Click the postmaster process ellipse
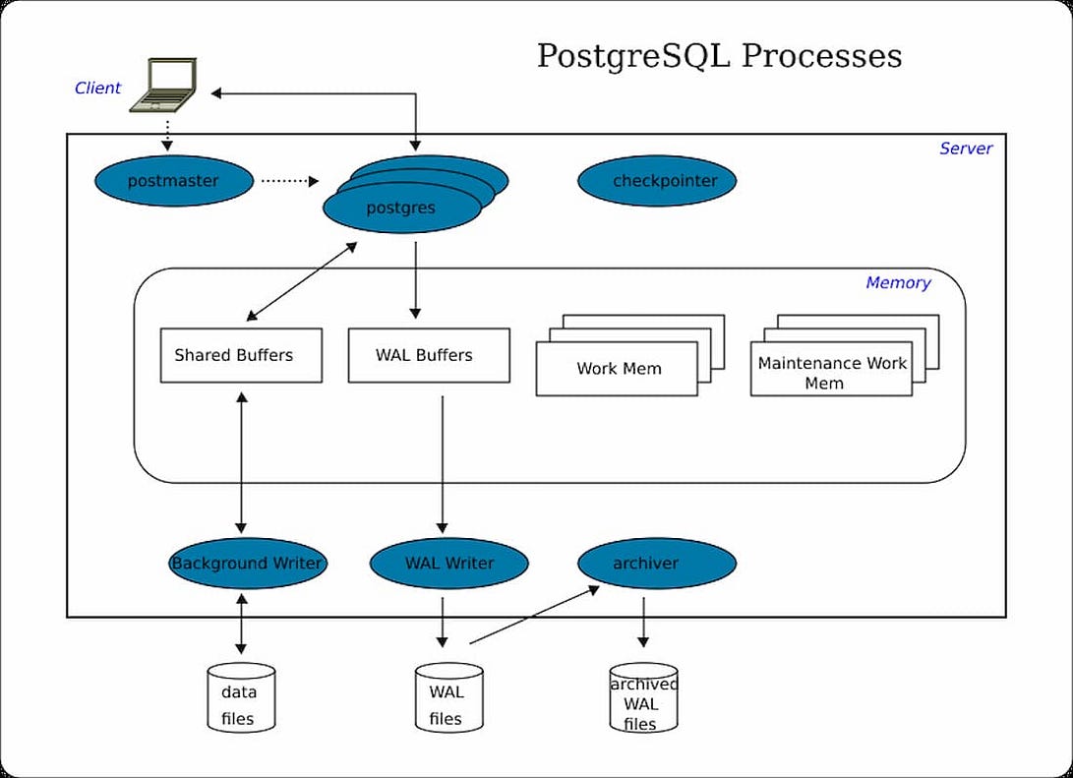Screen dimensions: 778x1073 pos(173,181)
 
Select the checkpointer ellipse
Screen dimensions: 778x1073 pos(656,181)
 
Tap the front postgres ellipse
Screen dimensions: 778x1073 pos(401,208)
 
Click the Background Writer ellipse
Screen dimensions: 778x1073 pos(247,564)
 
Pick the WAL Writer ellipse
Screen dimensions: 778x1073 pos(449,564)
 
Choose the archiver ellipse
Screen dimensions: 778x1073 pos(656,564)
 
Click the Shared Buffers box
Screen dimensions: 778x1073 pos(241,355)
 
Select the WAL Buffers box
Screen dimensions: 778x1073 pos(429,355)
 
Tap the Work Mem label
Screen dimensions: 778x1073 pos(619,369)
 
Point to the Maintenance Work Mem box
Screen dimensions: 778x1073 pos(831,370)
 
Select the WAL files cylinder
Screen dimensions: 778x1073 pos(448,698)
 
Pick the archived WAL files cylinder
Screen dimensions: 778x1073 pos(644,698)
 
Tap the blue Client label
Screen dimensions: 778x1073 pos(97,88)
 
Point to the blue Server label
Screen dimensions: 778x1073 pos(966,149)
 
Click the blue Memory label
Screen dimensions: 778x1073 pos(898,283)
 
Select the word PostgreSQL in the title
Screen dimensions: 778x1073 pos(633,55)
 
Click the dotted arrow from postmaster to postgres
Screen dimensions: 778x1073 pos(290,181)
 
